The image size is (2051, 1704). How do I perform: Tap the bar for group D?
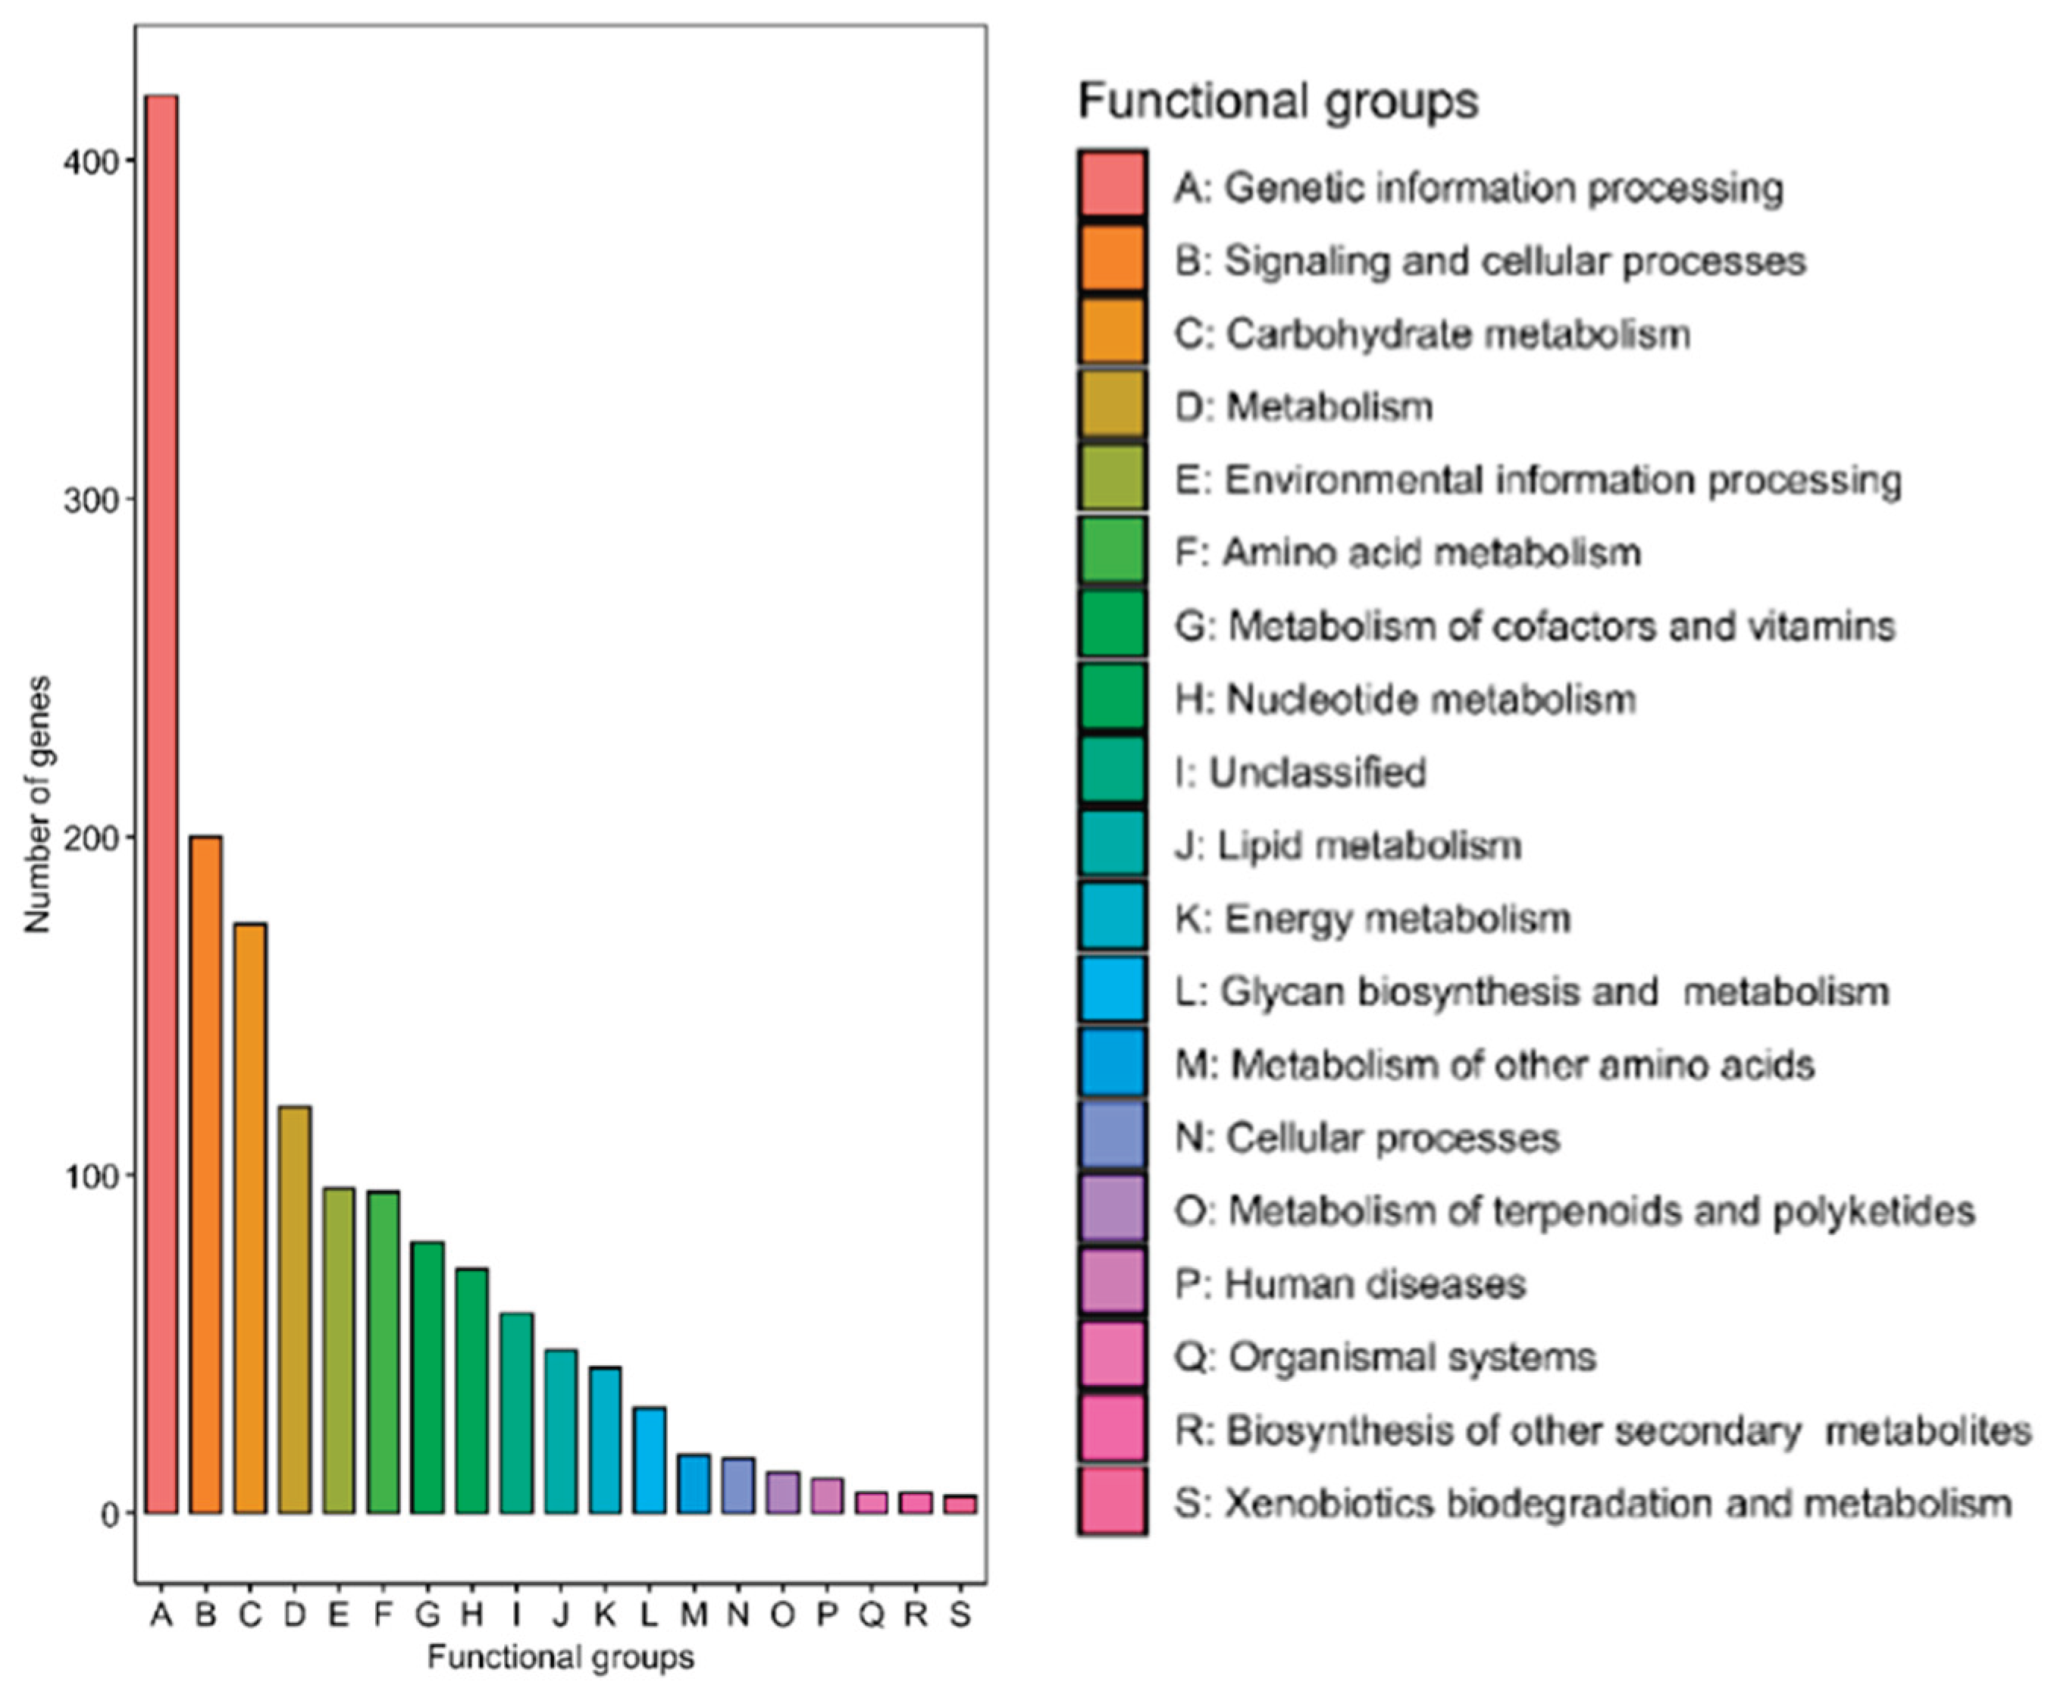point(294,1308)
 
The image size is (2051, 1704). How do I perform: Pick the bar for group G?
point(427,1377)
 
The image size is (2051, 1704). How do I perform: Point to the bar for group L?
point(650,1460)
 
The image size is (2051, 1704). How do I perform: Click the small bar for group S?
point(960,1504)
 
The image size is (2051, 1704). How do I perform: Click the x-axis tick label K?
point(605,1615)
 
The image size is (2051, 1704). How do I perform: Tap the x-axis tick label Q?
point(871,1615)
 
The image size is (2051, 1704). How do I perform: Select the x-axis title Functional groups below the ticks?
point(561,1658)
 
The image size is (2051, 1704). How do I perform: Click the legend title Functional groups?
point(1277,101)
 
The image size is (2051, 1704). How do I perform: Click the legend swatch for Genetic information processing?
point(1113,183)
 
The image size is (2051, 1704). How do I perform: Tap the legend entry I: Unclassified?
point(1300,772)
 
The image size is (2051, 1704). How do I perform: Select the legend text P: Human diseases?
point(1350,1284)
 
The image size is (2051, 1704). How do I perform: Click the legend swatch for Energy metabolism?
point(1113,916)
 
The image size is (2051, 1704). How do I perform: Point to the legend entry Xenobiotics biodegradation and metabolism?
point(1592,1503)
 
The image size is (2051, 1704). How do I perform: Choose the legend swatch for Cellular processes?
point(1113,1135)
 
